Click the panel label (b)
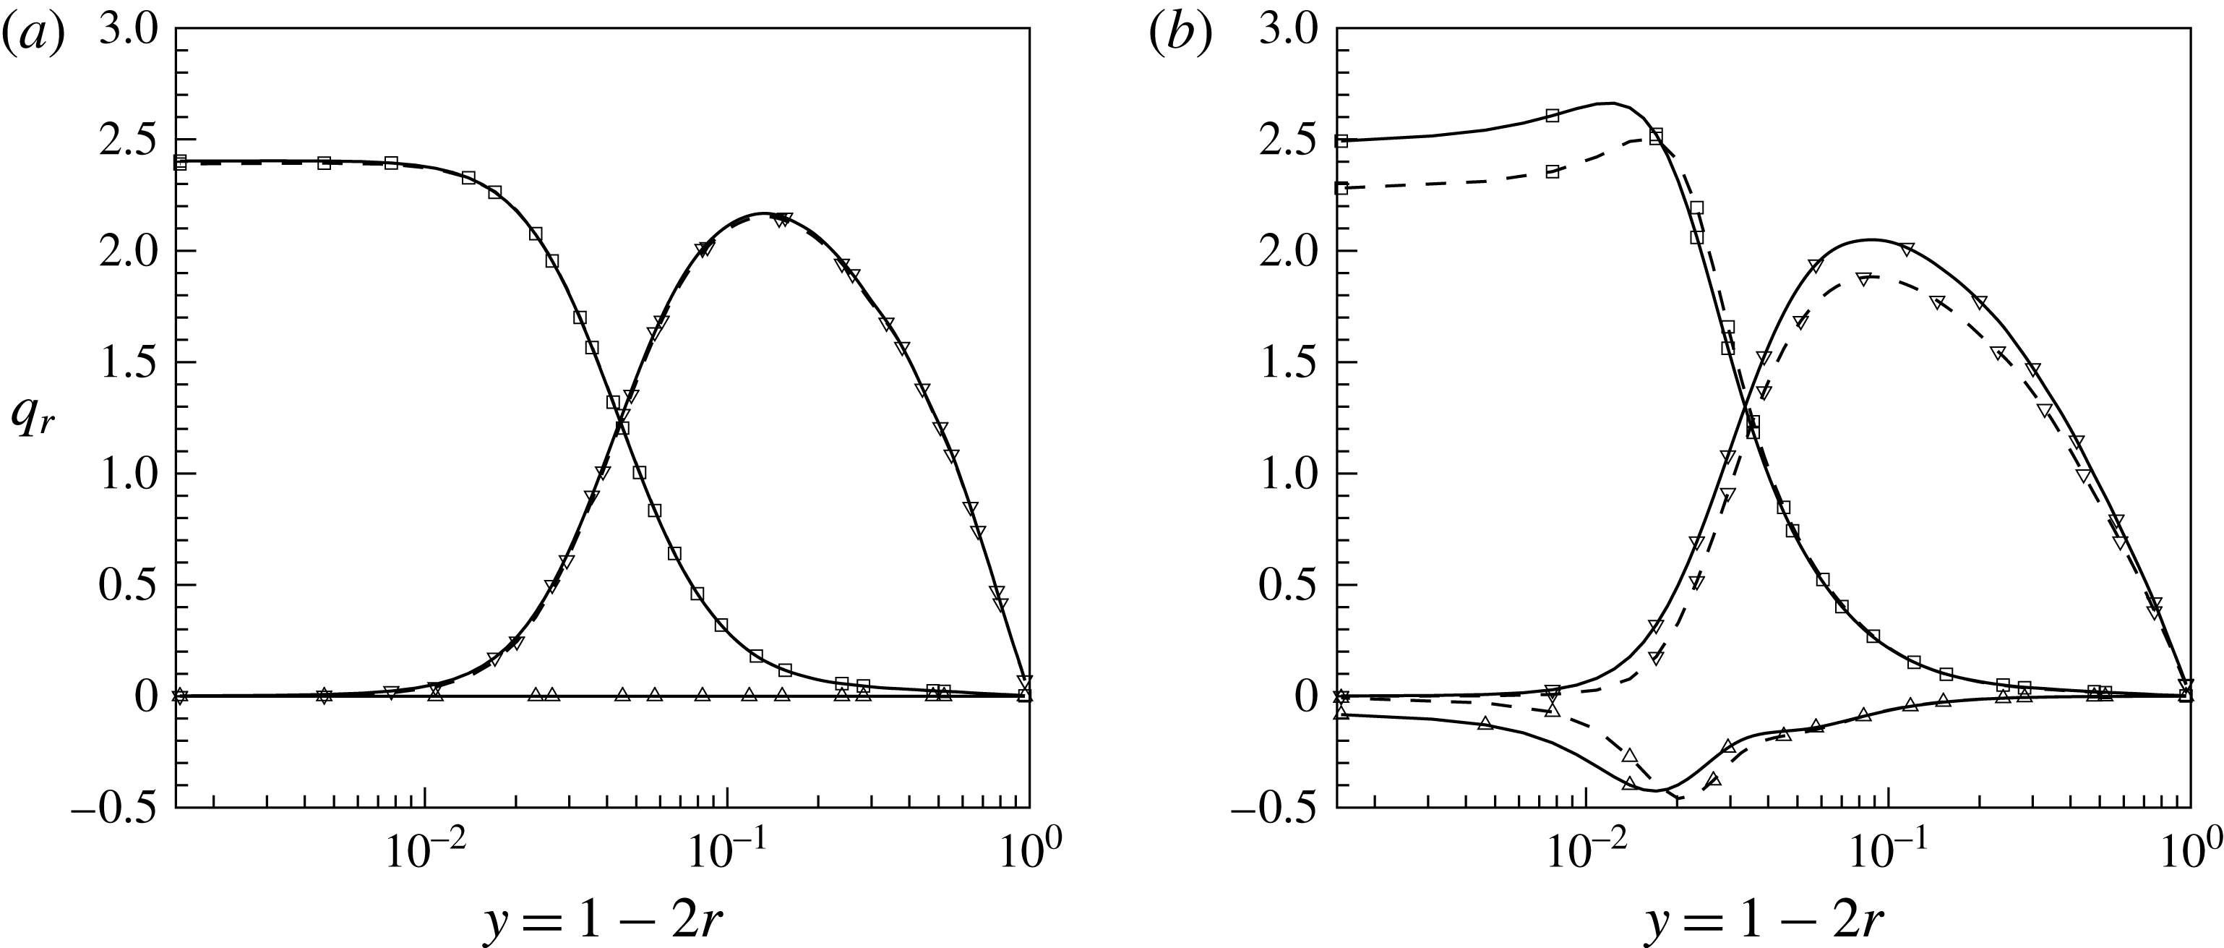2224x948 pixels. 1181,35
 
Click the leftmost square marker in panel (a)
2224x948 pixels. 179,161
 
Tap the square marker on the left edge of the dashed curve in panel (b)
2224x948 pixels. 1341,187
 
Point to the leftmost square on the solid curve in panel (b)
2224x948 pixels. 1341,141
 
